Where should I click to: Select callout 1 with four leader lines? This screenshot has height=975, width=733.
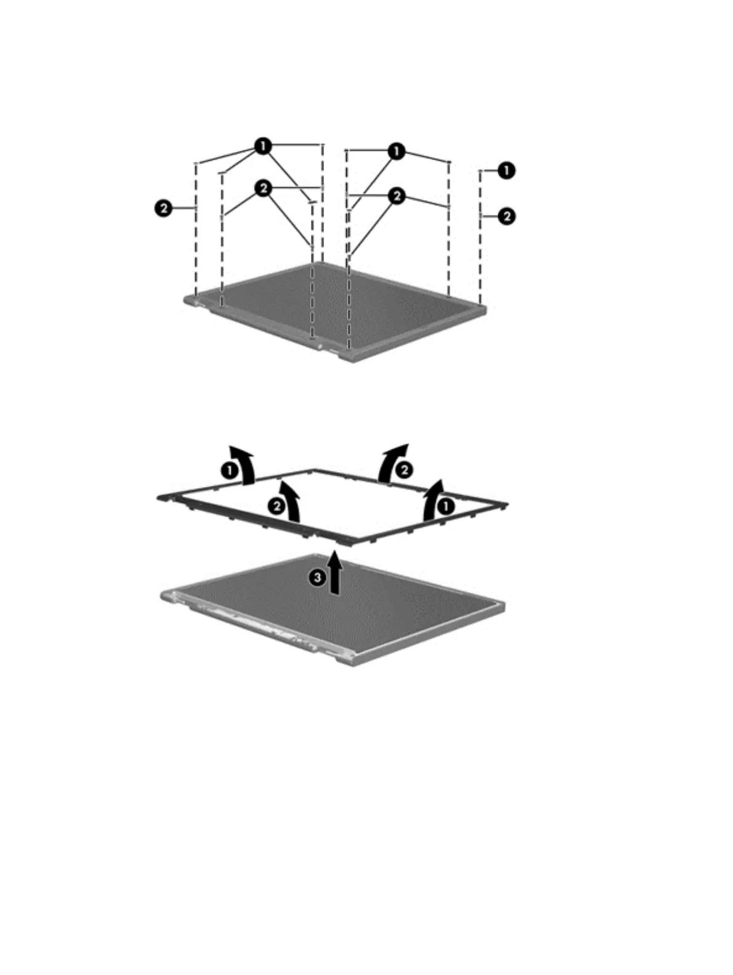[263, 146]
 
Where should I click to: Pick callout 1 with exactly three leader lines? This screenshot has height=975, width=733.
[396, 151]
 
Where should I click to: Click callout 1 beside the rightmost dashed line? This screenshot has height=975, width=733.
[506, 171]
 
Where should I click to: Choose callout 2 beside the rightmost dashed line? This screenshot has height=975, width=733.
[506, 216]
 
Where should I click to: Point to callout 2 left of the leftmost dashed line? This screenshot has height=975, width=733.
[162, 209]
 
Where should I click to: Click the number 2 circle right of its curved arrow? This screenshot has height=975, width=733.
[404, 470]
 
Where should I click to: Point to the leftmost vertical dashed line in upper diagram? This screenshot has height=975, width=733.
[196, 246]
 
